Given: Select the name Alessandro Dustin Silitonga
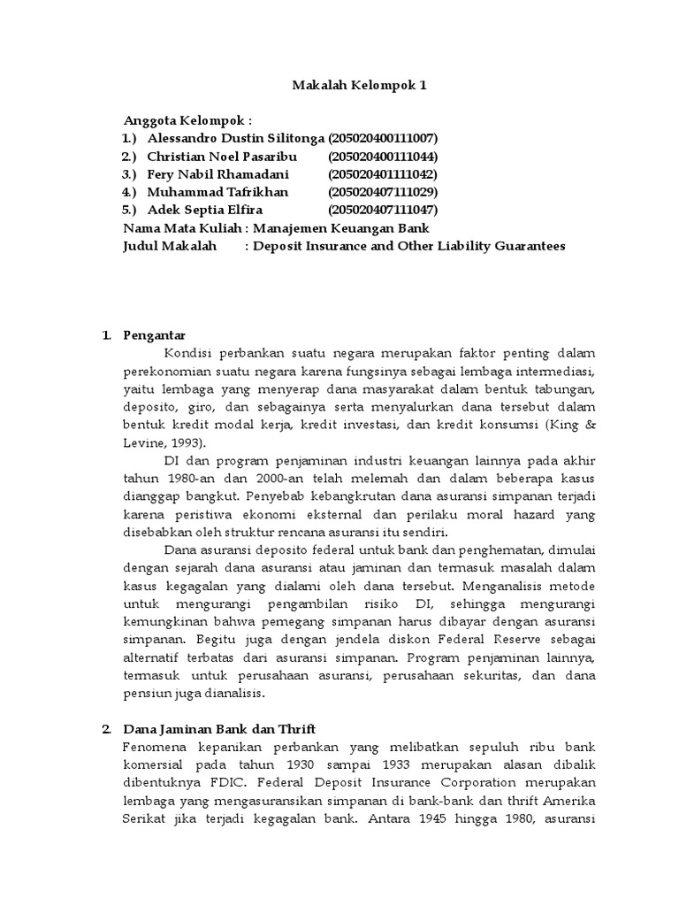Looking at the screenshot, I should [236, 139].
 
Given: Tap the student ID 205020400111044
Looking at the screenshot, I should [383, 157].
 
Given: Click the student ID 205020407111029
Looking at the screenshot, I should [383, 192].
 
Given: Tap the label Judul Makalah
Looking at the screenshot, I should [170, 246].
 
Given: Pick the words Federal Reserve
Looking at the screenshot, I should [487, 641].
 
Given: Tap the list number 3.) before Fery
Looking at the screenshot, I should [129, 174].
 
